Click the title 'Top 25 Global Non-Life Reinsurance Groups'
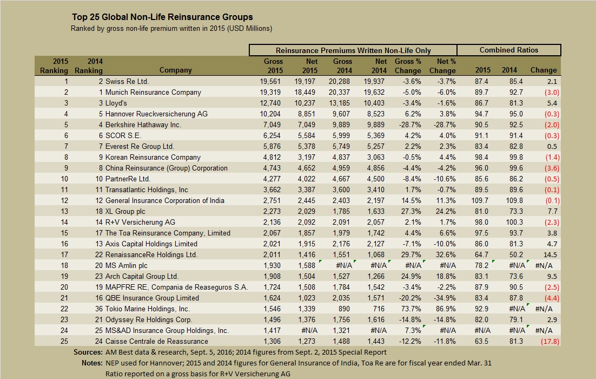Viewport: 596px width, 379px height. [162, 17]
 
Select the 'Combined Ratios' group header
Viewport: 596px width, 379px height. [509, 50]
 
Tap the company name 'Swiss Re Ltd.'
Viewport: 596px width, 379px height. [127, 81]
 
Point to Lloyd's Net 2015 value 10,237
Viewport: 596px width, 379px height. [306, 103]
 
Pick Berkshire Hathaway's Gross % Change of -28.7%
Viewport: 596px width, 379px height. [410, 125]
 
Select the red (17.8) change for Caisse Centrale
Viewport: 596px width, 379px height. [546, 341]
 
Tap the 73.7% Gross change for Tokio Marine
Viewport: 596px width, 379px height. [411, 309]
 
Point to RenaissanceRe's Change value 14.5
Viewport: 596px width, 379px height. [547, 254]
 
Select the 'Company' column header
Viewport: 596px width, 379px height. [176, 70]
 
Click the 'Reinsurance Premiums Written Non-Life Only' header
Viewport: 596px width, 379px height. [353, 50]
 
